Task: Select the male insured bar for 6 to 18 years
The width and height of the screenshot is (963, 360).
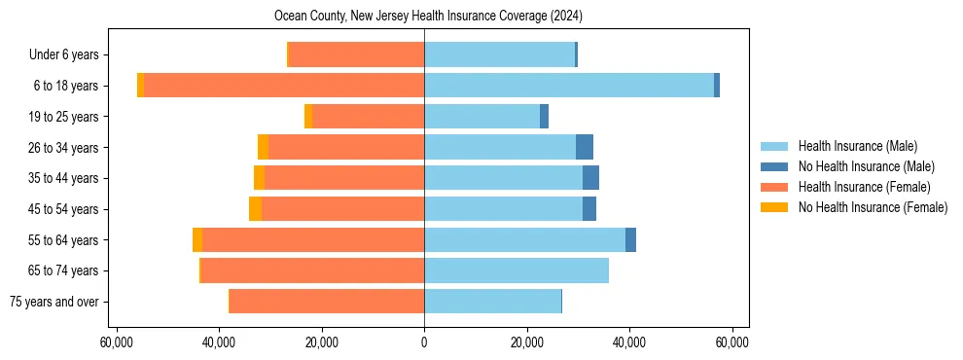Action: click(x=569, y=86)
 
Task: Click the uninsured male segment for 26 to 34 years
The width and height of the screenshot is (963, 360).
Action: click(x=585, y=147)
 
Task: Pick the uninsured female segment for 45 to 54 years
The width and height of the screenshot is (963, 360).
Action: click(x=255, y=209)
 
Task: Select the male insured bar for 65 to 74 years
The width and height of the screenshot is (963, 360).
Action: click(x=517, y=270)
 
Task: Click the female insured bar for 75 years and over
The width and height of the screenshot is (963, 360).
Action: click(x=327, y=302)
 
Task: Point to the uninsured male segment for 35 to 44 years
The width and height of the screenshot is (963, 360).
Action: click(x=590, y=178)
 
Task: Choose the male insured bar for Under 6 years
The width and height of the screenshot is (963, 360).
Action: click(x=499, y=54)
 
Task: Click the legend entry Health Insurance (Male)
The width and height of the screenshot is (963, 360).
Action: click(x=857, y=146)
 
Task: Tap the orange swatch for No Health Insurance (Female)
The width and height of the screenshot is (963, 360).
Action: click(x=774, y=207)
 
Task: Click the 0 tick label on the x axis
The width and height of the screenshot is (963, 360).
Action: click(x=424, y=342)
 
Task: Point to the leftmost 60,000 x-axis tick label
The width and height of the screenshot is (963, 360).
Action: click(x=117, y=342)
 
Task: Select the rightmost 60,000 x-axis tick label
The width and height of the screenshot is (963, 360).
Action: click(x=731, y=342)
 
